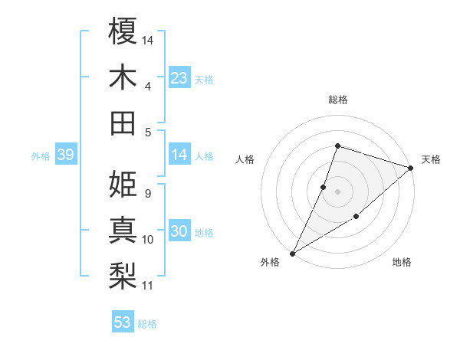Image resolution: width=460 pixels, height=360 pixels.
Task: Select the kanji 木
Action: click(123, 77)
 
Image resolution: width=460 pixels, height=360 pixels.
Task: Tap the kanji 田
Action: click(123, 123)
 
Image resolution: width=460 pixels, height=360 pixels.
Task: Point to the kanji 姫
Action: click(123, 184)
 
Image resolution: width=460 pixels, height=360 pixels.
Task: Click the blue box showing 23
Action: click(179, 78)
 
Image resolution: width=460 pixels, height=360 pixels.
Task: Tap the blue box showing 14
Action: click(179, 155)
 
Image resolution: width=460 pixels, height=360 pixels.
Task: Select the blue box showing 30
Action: click(179, 231)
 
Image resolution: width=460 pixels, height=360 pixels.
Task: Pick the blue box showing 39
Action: click(65, 155)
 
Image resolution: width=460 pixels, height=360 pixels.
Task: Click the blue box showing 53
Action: click(123, 322)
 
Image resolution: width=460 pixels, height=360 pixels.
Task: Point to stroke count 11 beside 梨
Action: click(148, 286)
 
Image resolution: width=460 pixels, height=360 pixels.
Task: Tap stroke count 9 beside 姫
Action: click(147, 194)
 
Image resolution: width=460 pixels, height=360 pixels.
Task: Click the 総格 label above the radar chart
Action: click(337, 100)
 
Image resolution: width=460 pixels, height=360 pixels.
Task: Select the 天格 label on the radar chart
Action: click(431, 159)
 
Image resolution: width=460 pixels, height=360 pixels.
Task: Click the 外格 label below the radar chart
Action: click(270, 262)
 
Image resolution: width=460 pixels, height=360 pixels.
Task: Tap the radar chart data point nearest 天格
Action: click(412, 168)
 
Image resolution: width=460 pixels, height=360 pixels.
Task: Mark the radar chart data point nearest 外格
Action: click(292, 253)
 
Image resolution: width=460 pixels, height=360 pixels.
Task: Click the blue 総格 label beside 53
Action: click(147, 324)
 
